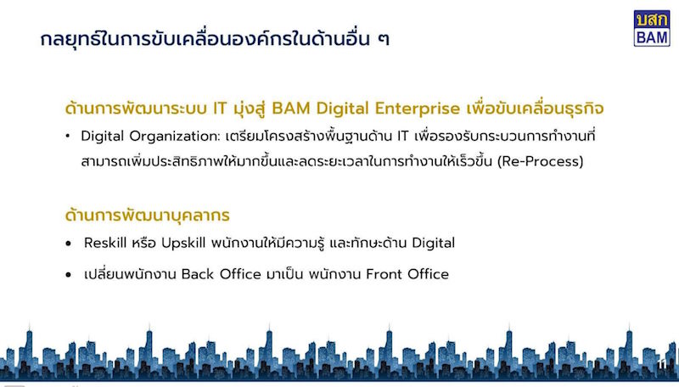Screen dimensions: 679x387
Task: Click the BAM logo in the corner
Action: point(652,28)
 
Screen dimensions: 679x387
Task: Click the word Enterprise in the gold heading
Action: point(417,109)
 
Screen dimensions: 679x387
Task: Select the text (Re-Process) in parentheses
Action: point(540,161)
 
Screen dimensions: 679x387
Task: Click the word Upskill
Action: point(183,244)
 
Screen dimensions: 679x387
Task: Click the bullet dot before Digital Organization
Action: point(68,137)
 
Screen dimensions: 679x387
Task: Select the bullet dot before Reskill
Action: point(68,244)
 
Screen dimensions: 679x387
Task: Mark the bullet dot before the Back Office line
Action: point(68,274)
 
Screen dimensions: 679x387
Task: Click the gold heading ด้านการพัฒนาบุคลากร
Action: point(147,216)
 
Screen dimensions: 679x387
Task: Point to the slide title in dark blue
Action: point(215,38)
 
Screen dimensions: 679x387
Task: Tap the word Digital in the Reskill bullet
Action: point(433,244)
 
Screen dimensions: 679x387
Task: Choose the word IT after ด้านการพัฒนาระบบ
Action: point(220,109)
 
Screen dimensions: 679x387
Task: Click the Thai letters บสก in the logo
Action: point(652,20)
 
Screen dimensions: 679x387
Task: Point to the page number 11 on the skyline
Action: point(662,364)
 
